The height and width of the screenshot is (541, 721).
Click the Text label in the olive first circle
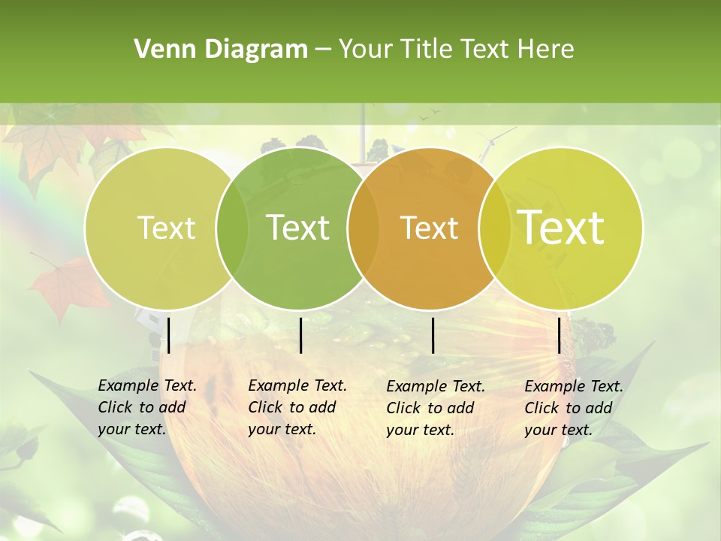click(x=166, y=228)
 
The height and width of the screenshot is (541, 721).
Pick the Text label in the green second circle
click(x=297, y=228)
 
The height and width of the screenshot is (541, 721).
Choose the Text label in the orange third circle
click(x=429, y=228)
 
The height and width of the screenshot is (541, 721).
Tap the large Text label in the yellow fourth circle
click(x=561, y=228)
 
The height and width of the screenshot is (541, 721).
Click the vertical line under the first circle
click(x=168, y=335)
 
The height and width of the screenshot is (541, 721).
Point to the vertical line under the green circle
click(x=300, y=335)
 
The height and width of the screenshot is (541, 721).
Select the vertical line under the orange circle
click(x=433, y=335)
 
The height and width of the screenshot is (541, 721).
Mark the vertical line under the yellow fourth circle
click(x=559, y=335)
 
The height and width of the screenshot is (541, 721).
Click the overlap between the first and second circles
click(x=231, y=228)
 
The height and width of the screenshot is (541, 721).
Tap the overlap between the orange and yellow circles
click(x=495, y=228)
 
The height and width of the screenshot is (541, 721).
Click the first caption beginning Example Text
click(x=147, y=407)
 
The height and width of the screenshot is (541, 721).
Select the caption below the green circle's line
click(x=297, y=407)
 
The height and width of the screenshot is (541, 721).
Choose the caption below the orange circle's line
click(x=436, y=408)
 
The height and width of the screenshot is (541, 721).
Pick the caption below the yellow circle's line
click(x=574, y=408)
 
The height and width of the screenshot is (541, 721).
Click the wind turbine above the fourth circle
click(x=490, y=144)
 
